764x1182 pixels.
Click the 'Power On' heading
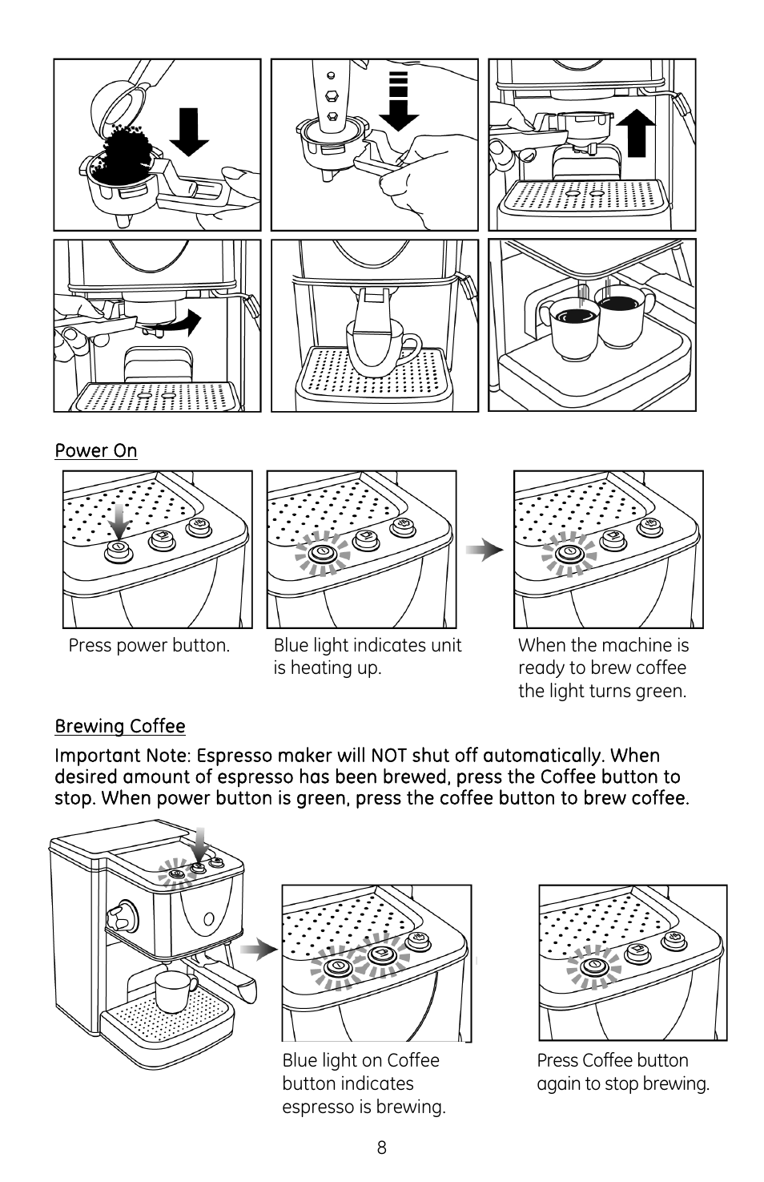[x=96, y=450]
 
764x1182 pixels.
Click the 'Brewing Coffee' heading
[x=120, y=726]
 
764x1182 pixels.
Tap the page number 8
[x=382, y=1148]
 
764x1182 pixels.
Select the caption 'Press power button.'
[x=149, y=645]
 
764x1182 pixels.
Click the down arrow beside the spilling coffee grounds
[x=189, y=132]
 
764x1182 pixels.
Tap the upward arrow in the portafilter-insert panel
[x=636, y=133]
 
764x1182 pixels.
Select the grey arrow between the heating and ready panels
[x=485, y=551]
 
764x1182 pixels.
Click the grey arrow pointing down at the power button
[x=120, y=522]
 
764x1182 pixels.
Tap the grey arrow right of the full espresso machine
[x=259, y=950]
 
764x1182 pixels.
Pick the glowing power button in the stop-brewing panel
[x=594, y=966]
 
